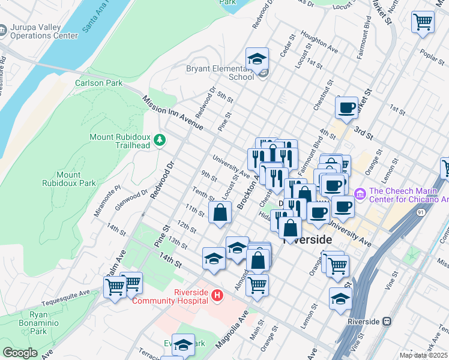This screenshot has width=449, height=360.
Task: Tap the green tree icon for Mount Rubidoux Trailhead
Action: point(160,140)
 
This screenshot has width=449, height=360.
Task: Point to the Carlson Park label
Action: point(98,83)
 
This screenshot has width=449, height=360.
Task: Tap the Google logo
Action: point(20,353)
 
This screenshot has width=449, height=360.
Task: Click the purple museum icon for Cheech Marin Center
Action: point(360,194)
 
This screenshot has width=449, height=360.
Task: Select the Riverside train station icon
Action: point(388,322)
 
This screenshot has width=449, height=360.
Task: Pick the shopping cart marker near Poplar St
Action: point(423,22)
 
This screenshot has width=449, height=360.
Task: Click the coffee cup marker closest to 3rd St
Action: point(346,109)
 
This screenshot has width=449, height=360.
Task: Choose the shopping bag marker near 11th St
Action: point(220,212)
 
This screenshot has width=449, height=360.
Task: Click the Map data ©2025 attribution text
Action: point(423,355)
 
